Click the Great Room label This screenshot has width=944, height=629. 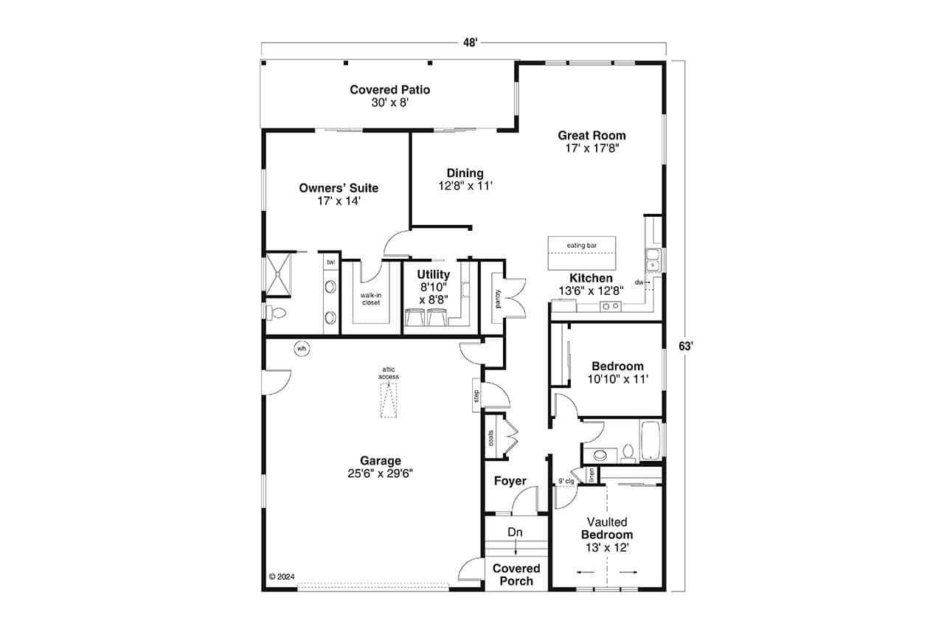coord(591,136)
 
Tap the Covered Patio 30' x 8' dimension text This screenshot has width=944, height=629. coord(389,103)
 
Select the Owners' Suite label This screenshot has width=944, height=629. coord(339,188)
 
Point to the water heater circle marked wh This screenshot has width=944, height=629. coord(302,348)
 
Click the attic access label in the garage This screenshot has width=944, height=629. coord(389,372)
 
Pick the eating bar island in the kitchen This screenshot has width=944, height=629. coord(582,254)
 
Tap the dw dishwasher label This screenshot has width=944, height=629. coord(638,282)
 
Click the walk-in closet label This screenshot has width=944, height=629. coord(370,299)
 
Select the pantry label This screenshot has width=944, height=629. coord(499,298)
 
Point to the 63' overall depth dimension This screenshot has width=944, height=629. coord(686,346)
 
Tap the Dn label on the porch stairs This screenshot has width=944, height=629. coord(516,532)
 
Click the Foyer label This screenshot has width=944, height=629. coord(510,482)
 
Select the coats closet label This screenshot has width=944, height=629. coord(491,438)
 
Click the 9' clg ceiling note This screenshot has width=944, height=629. coord(566,482)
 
